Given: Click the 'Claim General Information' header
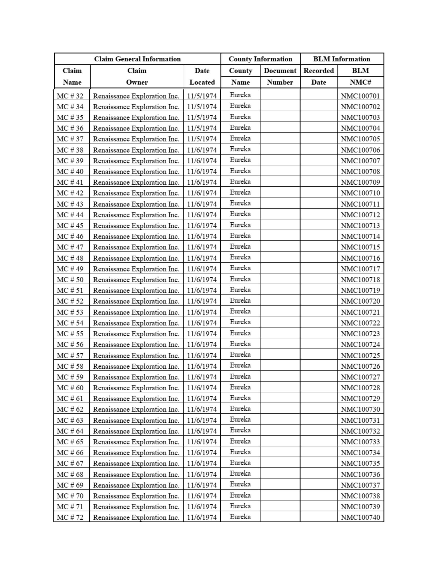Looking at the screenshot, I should (137, 59).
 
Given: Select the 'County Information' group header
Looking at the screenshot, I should (260, 59).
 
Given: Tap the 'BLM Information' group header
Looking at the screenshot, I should (341, 59).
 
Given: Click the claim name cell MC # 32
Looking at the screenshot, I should (70, 96).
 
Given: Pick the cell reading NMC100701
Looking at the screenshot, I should (360, 96).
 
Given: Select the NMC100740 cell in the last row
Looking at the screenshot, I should (360, 517).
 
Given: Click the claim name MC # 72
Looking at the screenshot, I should (70, 517).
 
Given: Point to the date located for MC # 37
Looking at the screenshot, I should (202, 139).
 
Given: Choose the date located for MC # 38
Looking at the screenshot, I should (202, 150).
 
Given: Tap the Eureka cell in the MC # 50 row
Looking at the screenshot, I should (240, 279).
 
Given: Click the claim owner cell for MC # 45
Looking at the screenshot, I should (136, 225).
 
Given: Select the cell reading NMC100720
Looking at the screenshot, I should (360, 301).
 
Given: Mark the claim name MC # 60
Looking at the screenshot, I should (70, 388).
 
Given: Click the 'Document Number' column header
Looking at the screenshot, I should (280, 76).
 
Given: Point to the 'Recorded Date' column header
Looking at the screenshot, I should (319, 76).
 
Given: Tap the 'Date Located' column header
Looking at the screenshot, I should (202, 76).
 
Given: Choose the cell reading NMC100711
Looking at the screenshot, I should (360, 204).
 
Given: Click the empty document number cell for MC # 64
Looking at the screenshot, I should (280, 430).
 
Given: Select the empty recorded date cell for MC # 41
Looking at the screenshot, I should (319, 182).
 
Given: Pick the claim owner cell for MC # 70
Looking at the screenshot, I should (136, 496).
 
